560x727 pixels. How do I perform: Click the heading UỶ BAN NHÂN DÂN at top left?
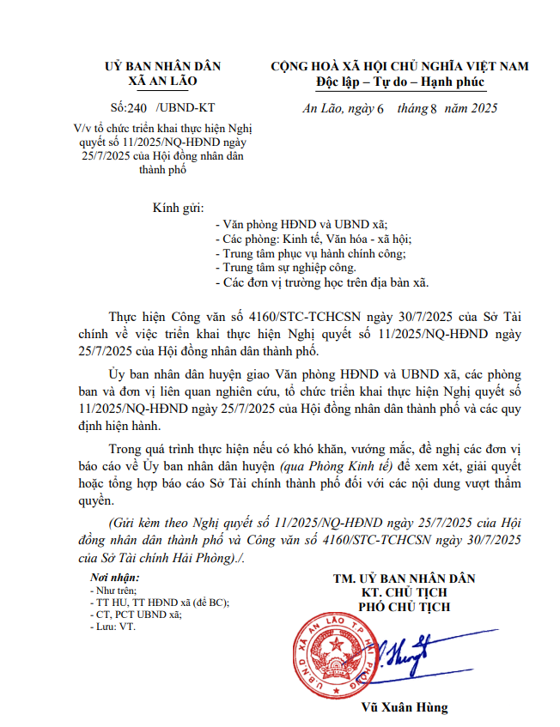[x=162, y=66]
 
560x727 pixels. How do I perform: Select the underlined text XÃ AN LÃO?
[x=162, y=81]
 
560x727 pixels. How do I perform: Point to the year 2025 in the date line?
[x=481, y=109]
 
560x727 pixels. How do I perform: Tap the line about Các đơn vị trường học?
[x=321, y=282]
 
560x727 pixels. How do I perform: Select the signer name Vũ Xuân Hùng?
[x=405, y=708]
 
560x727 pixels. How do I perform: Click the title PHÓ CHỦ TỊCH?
[x=404, y=608]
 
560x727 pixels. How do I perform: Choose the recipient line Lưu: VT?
[x=113, y=627]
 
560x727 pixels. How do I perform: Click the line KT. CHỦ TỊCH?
[x=404, y=593]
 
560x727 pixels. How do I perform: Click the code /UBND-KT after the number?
[x=186, y=108]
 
